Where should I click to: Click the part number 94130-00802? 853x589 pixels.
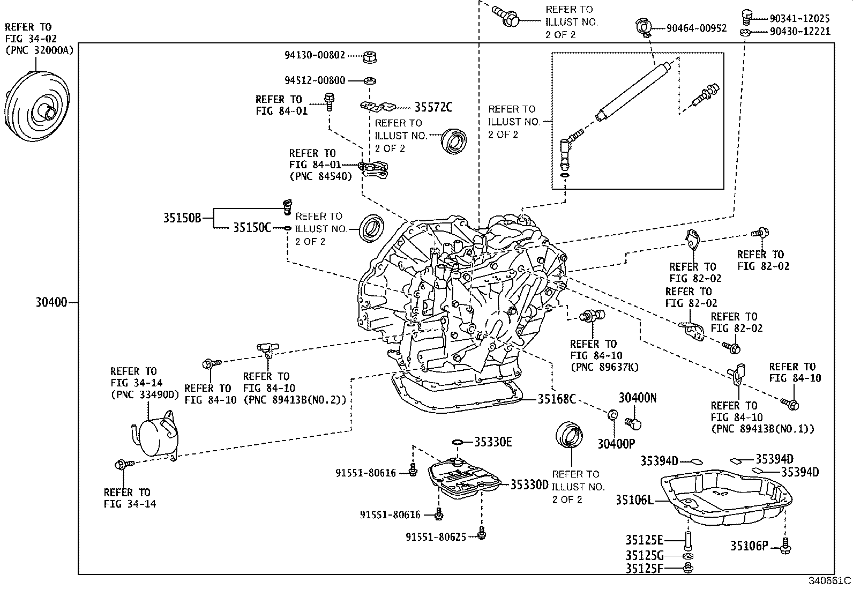(x=315, y=55)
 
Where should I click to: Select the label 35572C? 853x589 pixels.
(x=433, y=108)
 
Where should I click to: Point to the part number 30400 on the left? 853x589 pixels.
(x=51, y=303)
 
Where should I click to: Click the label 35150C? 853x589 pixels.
(x=252, y=228)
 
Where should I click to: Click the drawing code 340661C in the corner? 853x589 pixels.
(x=829, y=581)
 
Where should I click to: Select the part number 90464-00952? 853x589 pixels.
(x=697, y=28)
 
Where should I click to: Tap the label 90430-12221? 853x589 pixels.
(x=799, y=32)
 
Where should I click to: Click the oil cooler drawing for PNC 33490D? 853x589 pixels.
(x=154, y=436)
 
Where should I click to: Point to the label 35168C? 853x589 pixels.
(x=557, y=399)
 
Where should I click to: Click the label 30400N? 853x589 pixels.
(x=637, y=398)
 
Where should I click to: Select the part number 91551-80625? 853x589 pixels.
(x=436, y=536)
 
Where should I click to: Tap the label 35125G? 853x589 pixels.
(x=644, y=555)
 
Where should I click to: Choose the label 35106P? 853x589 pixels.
(x=749, y=546)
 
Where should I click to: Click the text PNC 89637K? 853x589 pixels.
(x=604, y=367)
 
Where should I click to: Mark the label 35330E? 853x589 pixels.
(x=493, y=442)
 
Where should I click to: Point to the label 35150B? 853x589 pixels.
(x=182, y=218)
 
